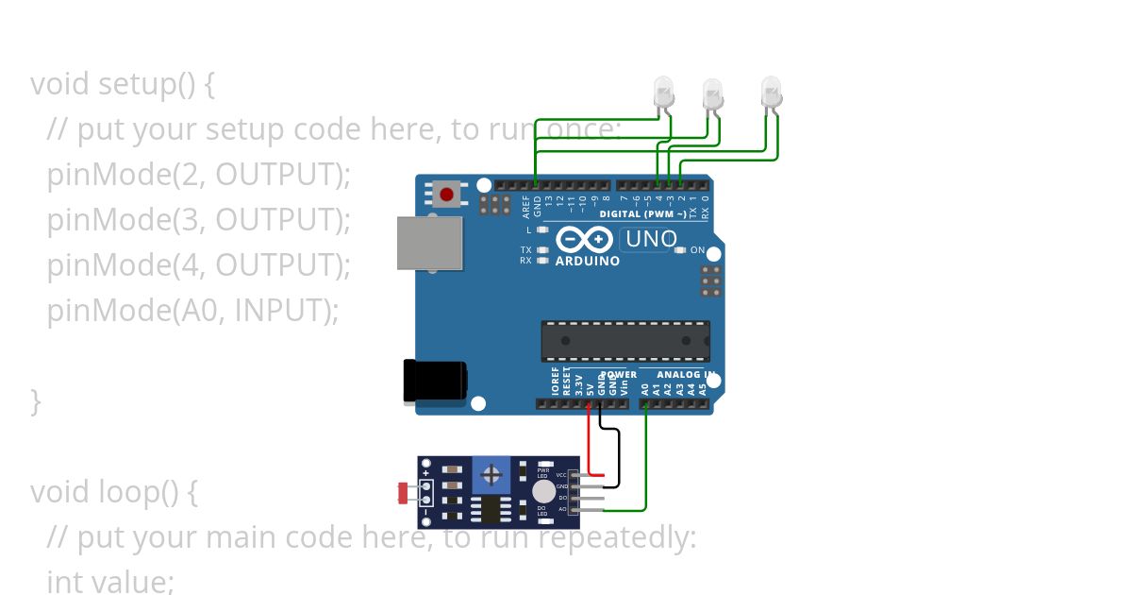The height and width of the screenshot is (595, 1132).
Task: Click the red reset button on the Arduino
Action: tap(445, 195)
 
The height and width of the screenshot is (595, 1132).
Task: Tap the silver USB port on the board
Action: tap(430, 244)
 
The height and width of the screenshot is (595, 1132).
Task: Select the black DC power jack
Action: tap(434, 380)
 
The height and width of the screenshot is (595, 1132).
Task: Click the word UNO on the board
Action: tap(651, 239)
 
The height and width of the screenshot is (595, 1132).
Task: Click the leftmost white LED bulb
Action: tap(664, 92)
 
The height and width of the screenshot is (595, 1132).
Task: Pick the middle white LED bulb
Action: tap(713, 93)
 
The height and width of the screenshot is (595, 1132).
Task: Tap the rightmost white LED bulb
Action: tap(772, 91)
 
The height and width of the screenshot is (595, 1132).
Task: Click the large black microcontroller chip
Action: tap(624, 341)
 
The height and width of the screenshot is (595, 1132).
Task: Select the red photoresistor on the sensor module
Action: tap(404, 492)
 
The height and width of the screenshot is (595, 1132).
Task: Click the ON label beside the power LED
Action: tap(697, 250)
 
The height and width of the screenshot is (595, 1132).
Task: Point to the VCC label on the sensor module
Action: tap(561, 474)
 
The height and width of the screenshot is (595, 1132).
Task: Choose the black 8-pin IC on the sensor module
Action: tap(491, 510)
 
